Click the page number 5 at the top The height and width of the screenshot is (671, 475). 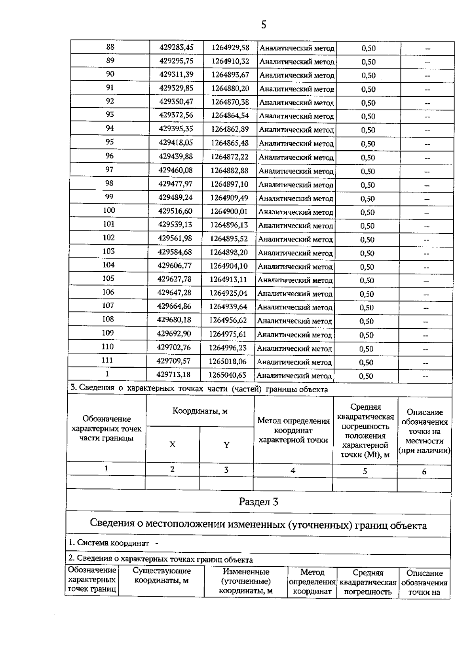(x=264, y=25)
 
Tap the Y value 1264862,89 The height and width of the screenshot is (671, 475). (x=230, y=129)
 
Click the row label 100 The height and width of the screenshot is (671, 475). (x=109, y=210)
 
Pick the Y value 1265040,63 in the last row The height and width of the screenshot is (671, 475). (x=228, y=374)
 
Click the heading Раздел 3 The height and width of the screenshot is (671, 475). (x=258, y=502)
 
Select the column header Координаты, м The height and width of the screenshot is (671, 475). (x=200, y=411)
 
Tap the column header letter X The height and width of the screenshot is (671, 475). (x=173, y=444)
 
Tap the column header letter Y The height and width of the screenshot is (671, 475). (x=226, y=445)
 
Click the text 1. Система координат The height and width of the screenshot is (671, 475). (x=109, y=543)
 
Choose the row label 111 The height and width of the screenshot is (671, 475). (x=107, y=360)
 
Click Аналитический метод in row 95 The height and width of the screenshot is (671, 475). (x=296, y=144)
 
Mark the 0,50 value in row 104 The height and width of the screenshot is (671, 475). (x=367, y=267)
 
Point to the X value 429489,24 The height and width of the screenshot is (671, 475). (x=175, y=197)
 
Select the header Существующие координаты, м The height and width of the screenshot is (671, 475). (x=161, y=576)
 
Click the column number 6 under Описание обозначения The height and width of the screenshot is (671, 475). (x=424, y=471)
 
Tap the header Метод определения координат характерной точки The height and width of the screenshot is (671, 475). (x=293, y=430)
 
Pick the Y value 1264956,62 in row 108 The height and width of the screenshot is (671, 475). (x=228, y=319)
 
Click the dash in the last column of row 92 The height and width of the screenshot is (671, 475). (x=427, y=103)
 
